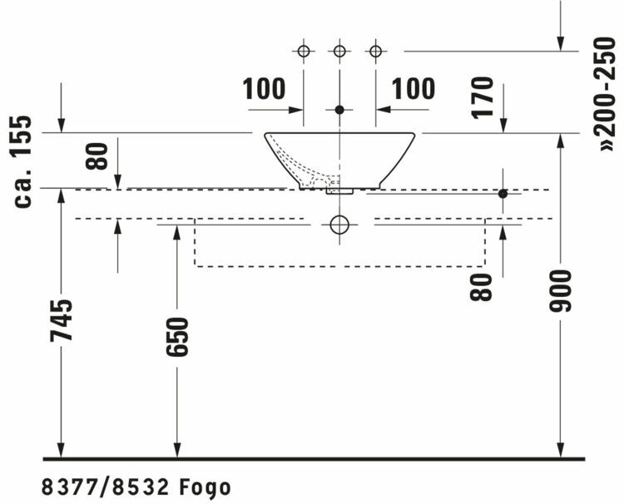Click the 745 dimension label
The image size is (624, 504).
(x=62, y=321)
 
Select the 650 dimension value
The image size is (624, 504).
(x=177, y=337)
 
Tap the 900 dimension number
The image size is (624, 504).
(x=560, y=291)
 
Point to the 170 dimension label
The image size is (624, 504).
(x=483, y=97)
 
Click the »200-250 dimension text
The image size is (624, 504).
(x=605, y=94)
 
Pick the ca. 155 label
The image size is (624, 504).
(x=22, y=161)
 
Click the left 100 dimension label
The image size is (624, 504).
(x=264, y=89)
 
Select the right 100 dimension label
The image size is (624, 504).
(x=414, y=89)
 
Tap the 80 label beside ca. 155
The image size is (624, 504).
(x=97, y=156)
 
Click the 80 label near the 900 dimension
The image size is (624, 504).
(x=481, y=287)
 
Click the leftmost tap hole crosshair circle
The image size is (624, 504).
(x=304, y=52)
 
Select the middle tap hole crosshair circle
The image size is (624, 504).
(x=339, y=52)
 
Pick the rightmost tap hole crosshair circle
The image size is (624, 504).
(x=376, y=52)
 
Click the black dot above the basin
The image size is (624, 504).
(x=339, y=110)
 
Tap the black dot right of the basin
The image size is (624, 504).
(x=503, y=194)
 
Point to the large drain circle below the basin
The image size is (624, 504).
(x=339, y=225)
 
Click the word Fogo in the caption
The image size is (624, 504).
(x=205, y=487)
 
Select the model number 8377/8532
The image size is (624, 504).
(x=106, y=487)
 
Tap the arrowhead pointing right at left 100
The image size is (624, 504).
(x=295, y=110)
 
